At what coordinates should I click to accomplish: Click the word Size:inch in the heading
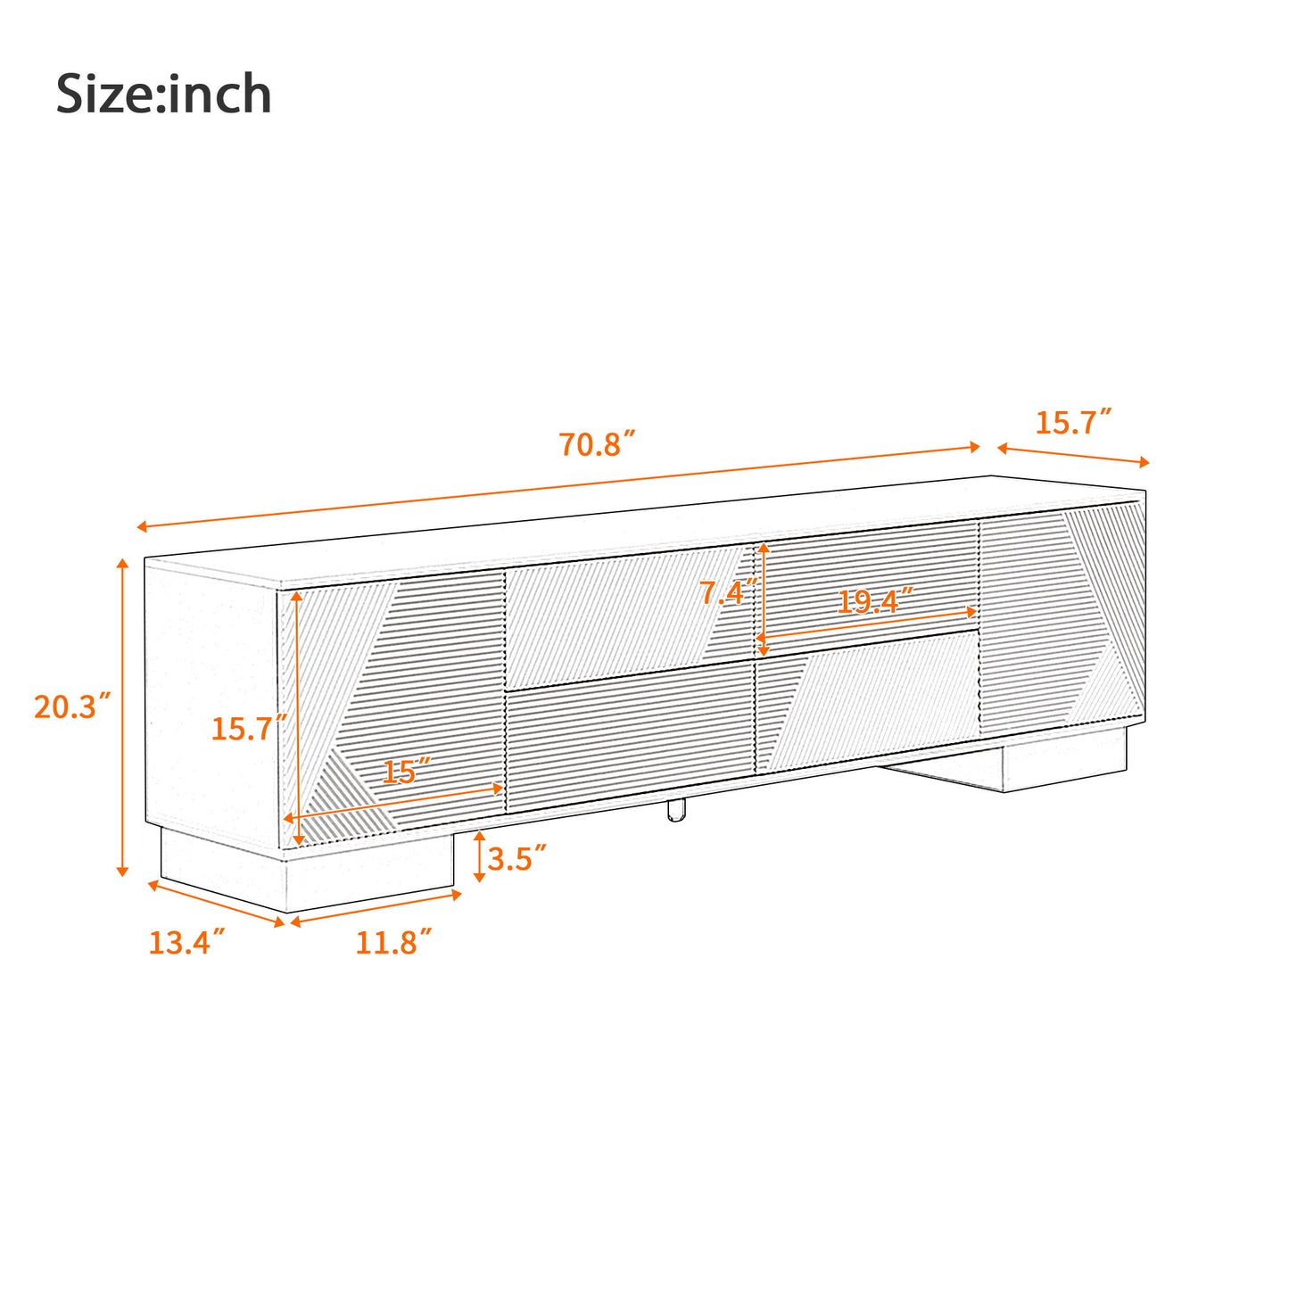click(163, 95)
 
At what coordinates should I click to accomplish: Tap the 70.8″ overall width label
click(597, 443)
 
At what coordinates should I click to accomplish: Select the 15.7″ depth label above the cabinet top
click(1073, 422)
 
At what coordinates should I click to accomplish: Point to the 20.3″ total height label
click(72, 706)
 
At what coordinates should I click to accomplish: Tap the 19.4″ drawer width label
click(874, 602)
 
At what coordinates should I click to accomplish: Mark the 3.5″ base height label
click(516, 858)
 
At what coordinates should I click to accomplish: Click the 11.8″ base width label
click(393, 942)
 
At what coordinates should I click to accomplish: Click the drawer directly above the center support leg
click(629, 745)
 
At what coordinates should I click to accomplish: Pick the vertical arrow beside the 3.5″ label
click(479, 856)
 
